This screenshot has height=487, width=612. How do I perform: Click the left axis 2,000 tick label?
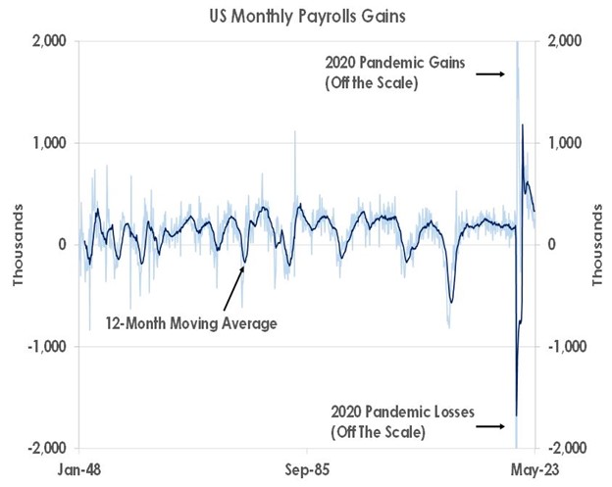(48, 41)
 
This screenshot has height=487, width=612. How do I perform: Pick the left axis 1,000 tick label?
(48, 143)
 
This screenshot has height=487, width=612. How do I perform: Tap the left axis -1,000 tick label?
(46, 347)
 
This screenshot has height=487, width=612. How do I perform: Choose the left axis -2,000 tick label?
(46, 448)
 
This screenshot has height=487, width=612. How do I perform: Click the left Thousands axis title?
(17, 245)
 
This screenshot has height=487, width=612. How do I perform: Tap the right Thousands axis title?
(596, 245)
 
